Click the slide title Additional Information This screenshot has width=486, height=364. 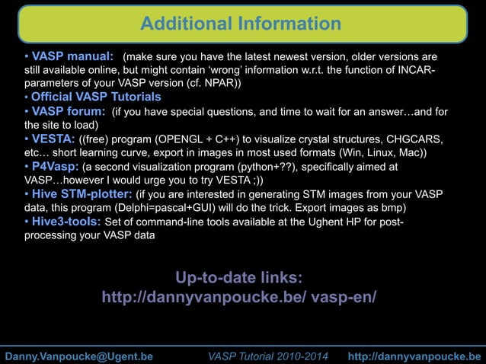click(x=241, y=24)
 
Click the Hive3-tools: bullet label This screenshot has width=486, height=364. click(x=66, y=222)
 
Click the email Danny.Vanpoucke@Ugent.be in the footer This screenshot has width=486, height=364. click(x=79, y=356)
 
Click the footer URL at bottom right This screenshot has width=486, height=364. click(x=414, y=356)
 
